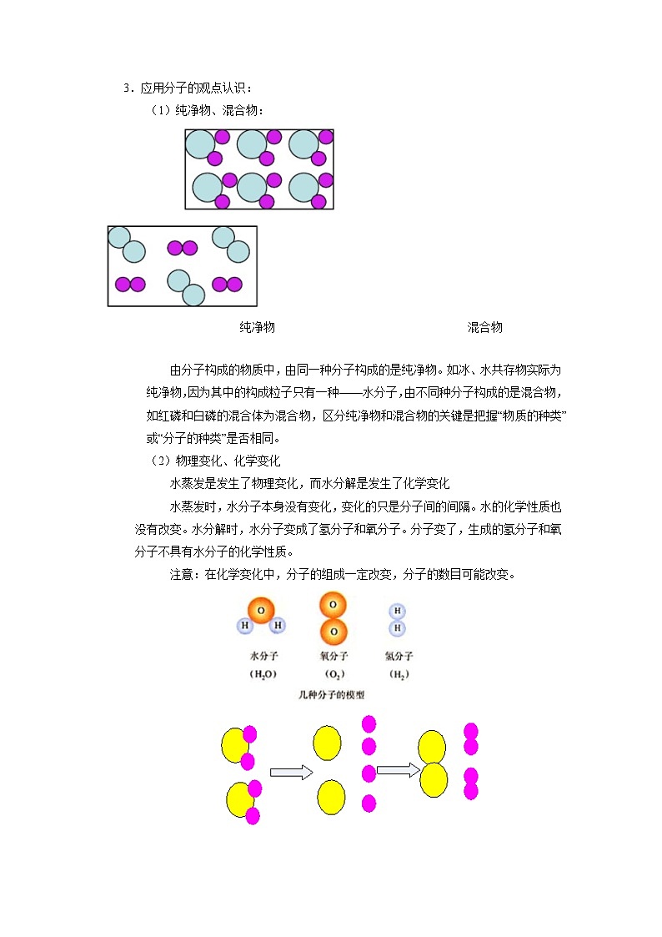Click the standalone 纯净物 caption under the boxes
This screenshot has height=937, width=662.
257,328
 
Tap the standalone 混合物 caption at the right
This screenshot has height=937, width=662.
484,328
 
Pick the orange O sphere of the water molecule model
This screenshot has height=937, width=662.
261,611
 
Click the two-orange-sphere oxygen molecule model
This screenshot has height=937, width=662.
333,617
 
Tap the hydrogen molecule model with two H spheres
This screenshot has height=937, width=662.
398,618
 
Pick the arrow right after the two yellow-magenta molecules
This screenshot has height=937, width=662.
290,773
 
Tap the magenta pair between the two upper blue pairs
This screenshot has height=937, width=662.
182,248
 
